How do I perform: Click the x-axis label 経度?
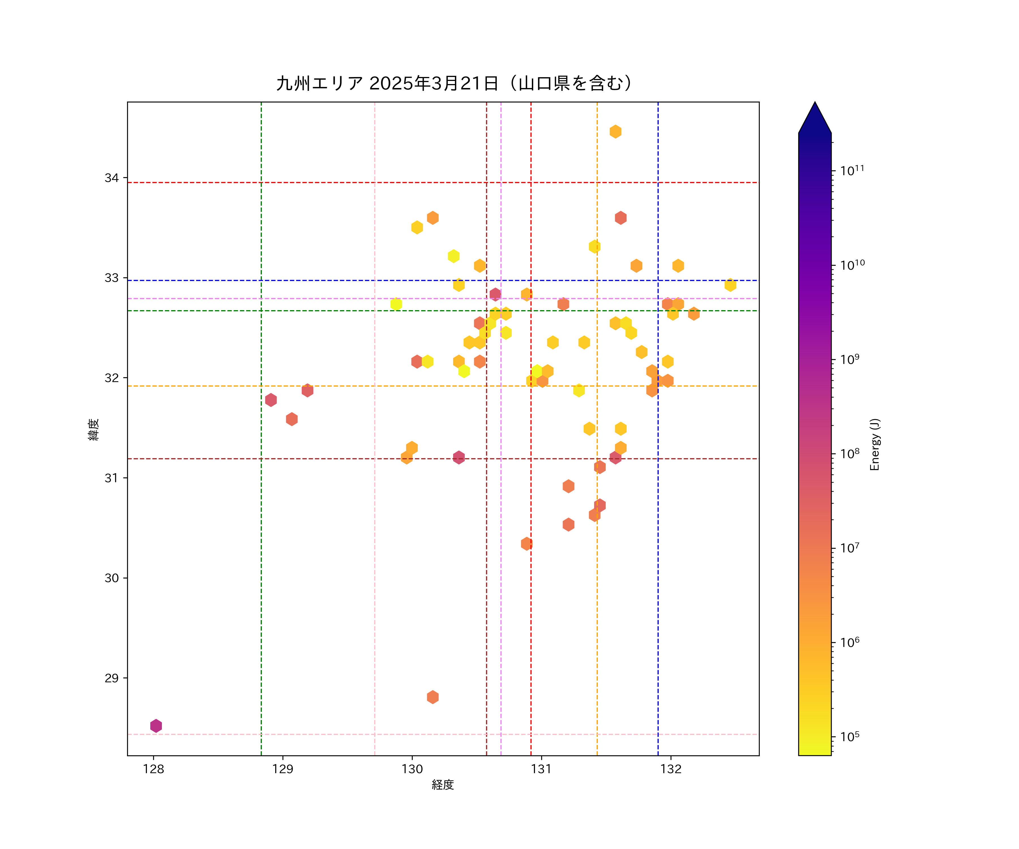[442, 784]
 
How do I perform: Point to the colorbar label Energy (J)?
[874, 444]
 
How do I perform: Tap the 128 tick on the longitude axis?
[153, 769]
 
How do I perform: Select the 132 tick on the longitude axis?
[671, 769]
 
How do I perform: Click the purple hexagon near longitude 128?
[156, 726]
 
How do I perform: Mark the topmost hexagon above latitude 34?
[615, 132]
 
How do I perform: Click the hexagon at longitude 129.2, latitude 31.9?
[307, 390]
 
